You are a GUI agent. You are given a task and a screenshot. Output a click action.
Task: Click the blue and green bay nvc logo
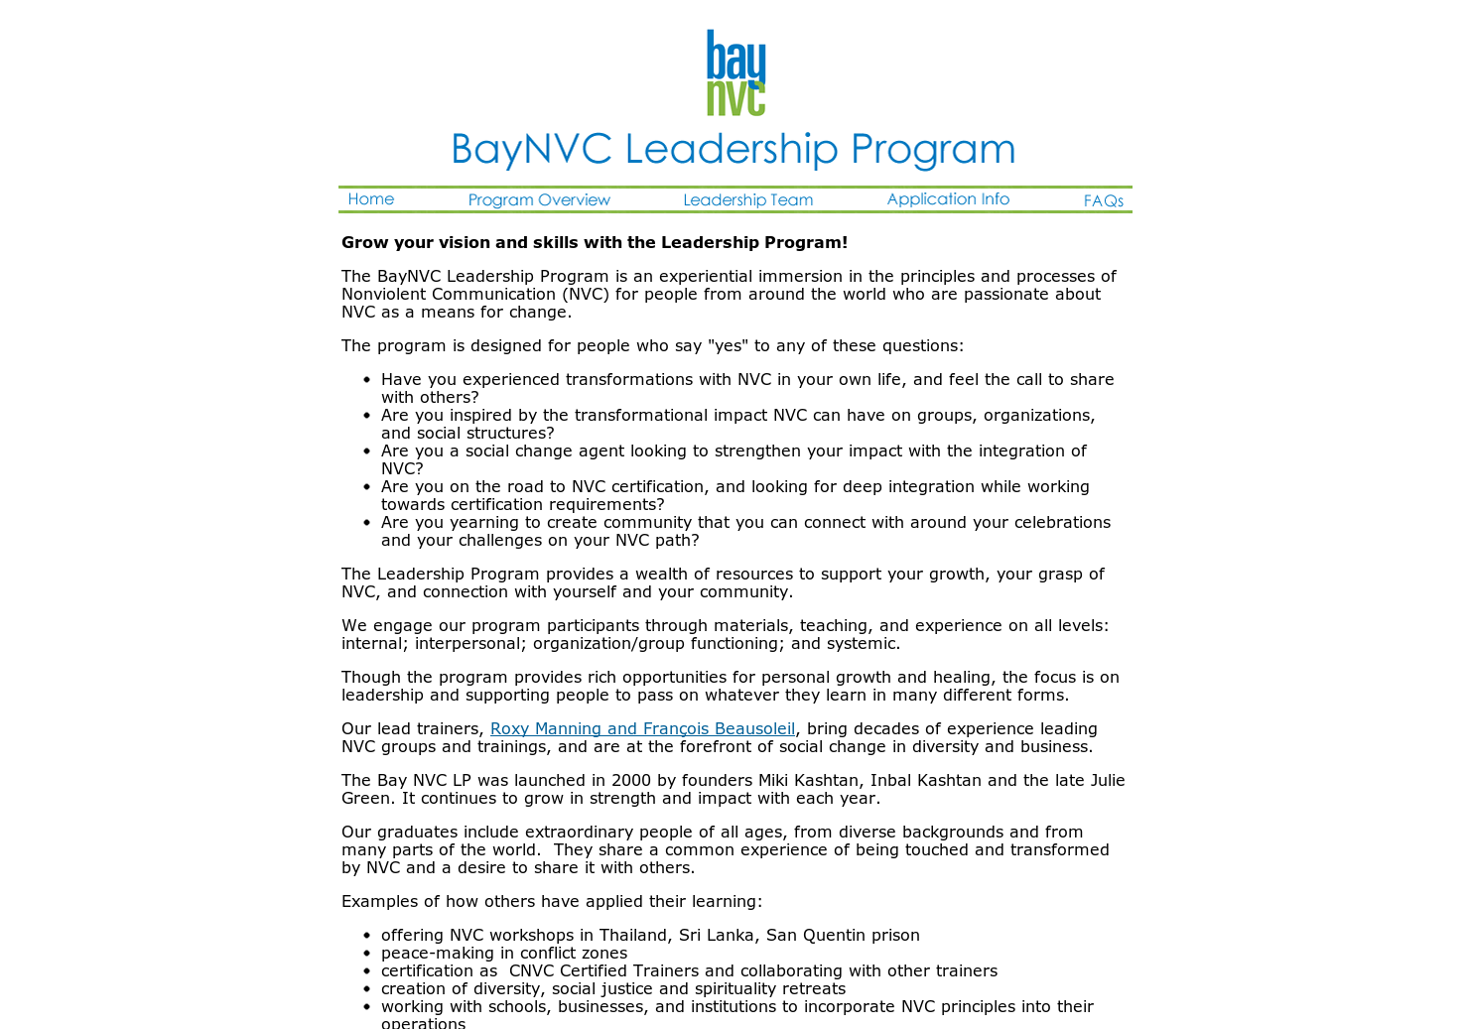[x=735, y=72]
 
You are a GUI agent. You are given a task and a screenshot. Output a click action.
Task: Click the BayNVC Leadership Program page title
[x=734, y=149]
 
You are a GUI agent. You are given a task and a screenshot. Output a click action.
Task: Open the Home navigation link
[x=371, y=199]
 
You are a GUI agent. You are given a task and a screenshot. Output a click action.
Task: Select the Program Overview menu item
[x=539, y=200]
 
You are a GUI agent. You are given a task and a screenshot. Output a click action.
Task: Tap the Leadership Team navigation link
[x=747, y=200]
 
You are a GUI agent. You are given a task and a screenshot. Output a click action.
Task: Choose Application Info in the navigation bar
[x=948, y=199]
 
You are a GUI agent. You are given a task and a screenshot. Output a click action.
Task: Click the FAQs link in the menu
[x=1103, y=201]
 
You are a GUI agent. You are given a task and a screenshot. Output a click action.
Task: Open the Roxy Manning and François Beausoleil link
[x=642, y=728]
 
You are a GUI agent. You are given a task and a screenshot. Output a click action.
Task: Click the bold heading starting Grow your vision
[x=595, y=242]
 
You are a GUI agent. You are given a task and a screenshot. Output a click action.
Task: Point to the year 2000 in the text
[x=630, y=780]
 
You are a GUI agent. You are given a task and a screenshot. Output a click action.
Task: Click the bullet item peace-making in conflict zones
[x=504, y=953]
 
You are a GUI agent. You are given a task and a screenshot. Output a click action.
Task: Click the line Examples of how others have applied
[x=552, y=901]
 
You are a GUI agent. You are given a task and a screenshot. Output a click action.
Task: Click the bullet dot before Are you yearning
[x=366, y=523]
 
